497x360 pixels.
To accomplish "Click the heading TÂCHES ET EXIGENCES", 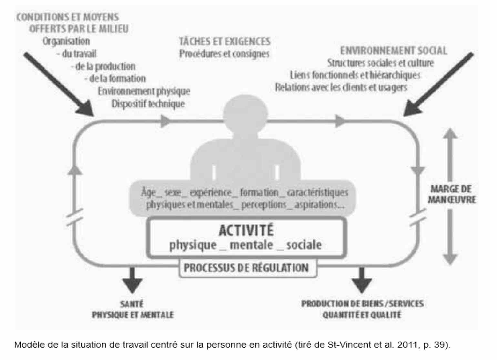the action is click(225, 42).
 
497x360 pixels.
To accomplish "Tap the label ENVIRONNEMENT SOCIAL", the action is click(393, 51).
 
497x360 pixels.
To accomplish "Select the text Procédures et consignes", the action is click(224, 54).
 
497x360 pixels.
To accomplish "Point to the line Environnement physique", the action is click(144, 91).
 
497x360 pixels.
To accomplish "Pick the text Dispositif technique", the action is click(148, 104).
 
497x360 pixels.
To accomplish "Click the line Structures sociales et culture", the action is click(380, 63).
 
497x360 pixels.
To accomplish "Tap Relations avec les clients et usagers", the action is click(341, 87).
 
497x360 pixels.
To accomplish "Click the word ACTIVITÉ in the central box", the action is click(246, 230).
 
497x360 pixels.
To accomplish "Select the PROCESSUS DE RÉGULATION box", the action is click(248, 268).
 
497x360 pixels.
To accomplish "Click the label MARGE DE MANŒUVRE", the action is click(451, 194).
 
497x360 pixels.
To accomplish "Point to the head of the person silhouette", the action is click(245, 114).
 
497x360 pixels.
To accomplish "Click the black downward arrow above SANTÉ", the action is click(132, 280).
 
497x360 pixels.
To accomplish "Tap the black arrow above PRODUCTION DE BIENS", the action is click(362, 280).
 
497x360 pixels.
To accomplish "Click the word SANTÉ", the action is click(132, 304).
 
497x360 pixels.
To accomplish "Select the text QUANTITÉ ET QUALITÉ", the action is click(362, 315).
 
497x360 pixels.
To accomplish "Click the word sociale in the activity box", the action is click(304, 245).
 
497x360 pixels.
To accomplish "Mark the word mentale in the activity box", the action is click(251, 245).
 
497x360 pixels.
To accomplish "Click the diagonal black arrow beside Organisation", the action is click(59, 84).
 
